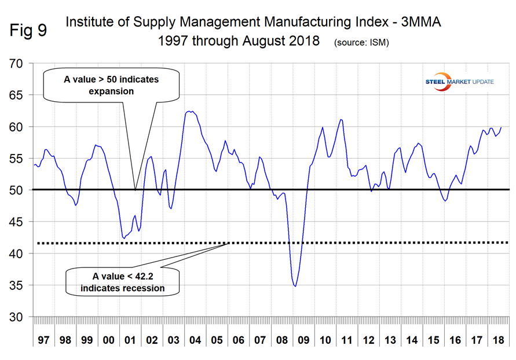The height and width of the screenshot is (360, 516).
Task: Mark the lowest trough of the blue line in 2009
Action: tap(295, 286)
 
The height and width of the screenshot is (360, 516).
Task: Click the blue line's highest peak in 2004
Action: tap(189, 112)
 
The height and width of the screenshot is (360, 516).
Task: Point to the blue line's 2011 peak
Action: tap(341, 120)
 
